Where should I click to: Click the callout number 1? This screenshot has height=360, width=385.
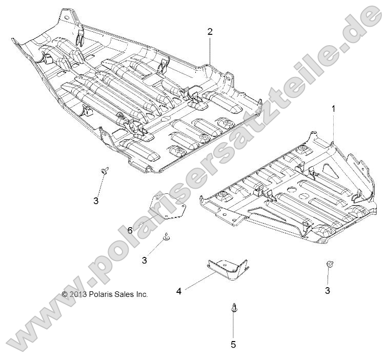[333, 109]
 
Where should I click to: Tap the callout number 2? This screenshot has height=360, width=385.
[210, 31]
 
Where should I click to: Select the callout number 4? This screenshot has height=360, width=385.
[179, 291]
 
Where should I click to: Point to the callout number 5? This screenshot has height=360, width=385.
[233, 345]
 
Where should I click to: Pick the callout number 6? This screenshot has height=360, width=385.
[130, 231]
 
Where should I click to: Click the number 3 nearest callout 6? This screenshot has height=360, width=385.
[145, 261]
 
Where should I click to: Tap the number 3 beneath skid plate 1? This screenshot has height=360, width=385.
[328, 291]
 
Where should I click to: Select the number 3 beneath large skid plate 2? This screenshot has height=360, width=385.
[96, 201]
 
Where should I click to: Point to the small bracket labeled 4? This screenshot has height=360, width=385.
[228, 269]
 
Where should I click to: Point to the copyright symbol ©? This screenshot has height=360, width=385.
[65, 294]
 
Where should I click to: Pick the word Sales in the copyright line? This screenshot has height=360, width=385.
[126, 294]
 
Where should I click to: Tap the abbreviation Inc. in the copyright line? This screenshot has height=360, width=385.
[142, 294]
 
